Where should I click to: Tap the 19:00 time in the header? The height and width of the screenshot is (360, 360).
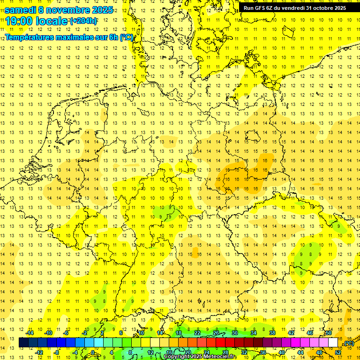(x=20, y=21)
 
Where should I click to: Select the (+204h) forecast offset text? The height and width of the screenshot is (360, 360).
(x=83, y=21)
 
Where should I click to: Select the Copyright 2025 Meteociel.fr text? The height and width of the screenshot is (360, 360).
(x=200, y=357)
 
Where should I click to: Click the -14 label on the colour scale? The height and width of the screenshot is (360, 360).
(x=30, y=333)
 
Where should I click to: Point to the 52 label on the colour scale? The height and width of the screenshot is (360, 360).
(x=338, y=352)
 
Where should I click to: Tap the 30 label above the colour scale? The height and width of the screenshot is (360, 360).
(x=235, y=333)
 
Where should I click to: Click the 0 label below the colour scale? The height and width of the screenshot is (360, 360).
(x=92, y=352)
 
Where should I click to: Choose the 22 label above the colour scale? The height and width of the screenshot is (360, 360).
(x=197, y=333)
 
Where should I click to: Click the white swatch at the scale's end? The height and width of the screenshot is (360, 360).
(x=333, y=343)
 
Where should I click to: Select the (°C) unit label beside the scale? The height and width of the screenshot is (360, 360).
(x=349, y=343)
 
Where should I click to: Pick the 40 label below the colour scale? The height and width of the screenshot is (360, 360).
(x=282, y=352)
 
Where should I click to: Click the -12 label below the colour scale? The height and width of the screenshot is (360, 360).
(x=39, y=352)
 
